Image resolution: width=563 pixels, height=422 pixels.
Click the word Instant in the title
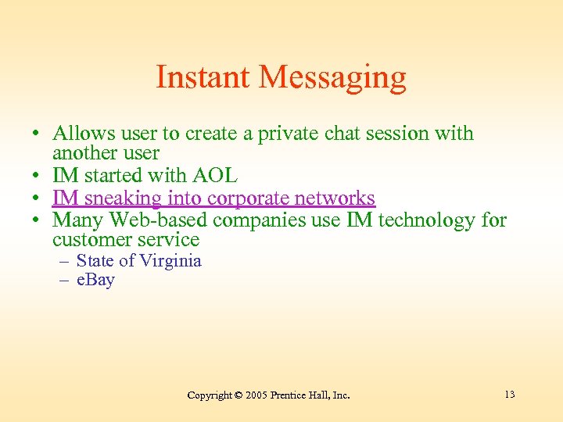tap(203, 77)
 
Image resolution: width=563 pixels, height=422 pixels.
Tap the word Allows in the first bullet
tap(84, 134)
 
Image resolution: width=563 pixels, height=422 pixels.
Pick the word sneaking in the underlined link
tap(122, 198)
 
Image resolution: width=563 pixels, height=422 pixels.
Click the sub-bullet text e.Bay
tap(95, 280)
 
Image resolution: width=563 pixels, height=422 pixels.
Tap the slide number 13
tap(509, 394)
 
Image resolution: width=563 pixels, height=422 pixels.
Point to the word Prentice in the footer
tap(289, 395)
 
